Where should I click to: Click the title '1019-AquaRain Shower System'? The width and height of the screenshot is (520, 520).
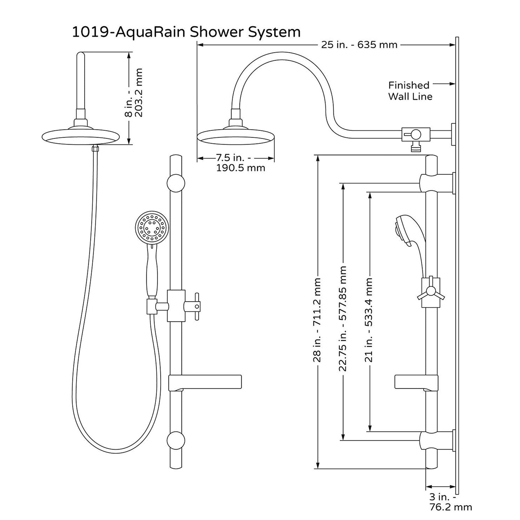click(186, 32)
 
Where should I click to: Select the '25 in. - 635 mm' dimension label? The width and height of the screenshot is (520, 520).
click(359, 45)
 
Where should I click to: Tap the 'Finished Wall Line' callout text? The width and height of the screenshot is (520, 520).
click(410, 90)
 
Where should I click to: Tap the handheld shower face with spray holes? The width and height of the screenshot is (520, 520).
click(153, 229)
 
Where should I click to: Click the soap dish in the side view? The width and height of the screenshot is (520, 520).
click(416, 382)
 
